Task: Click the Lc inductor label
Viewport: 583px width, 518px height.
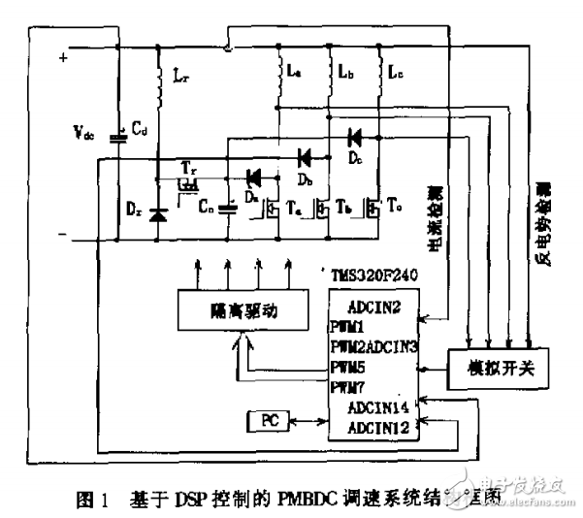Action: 394,73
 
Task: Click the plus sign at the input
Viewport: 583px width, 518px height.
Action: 64,58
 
